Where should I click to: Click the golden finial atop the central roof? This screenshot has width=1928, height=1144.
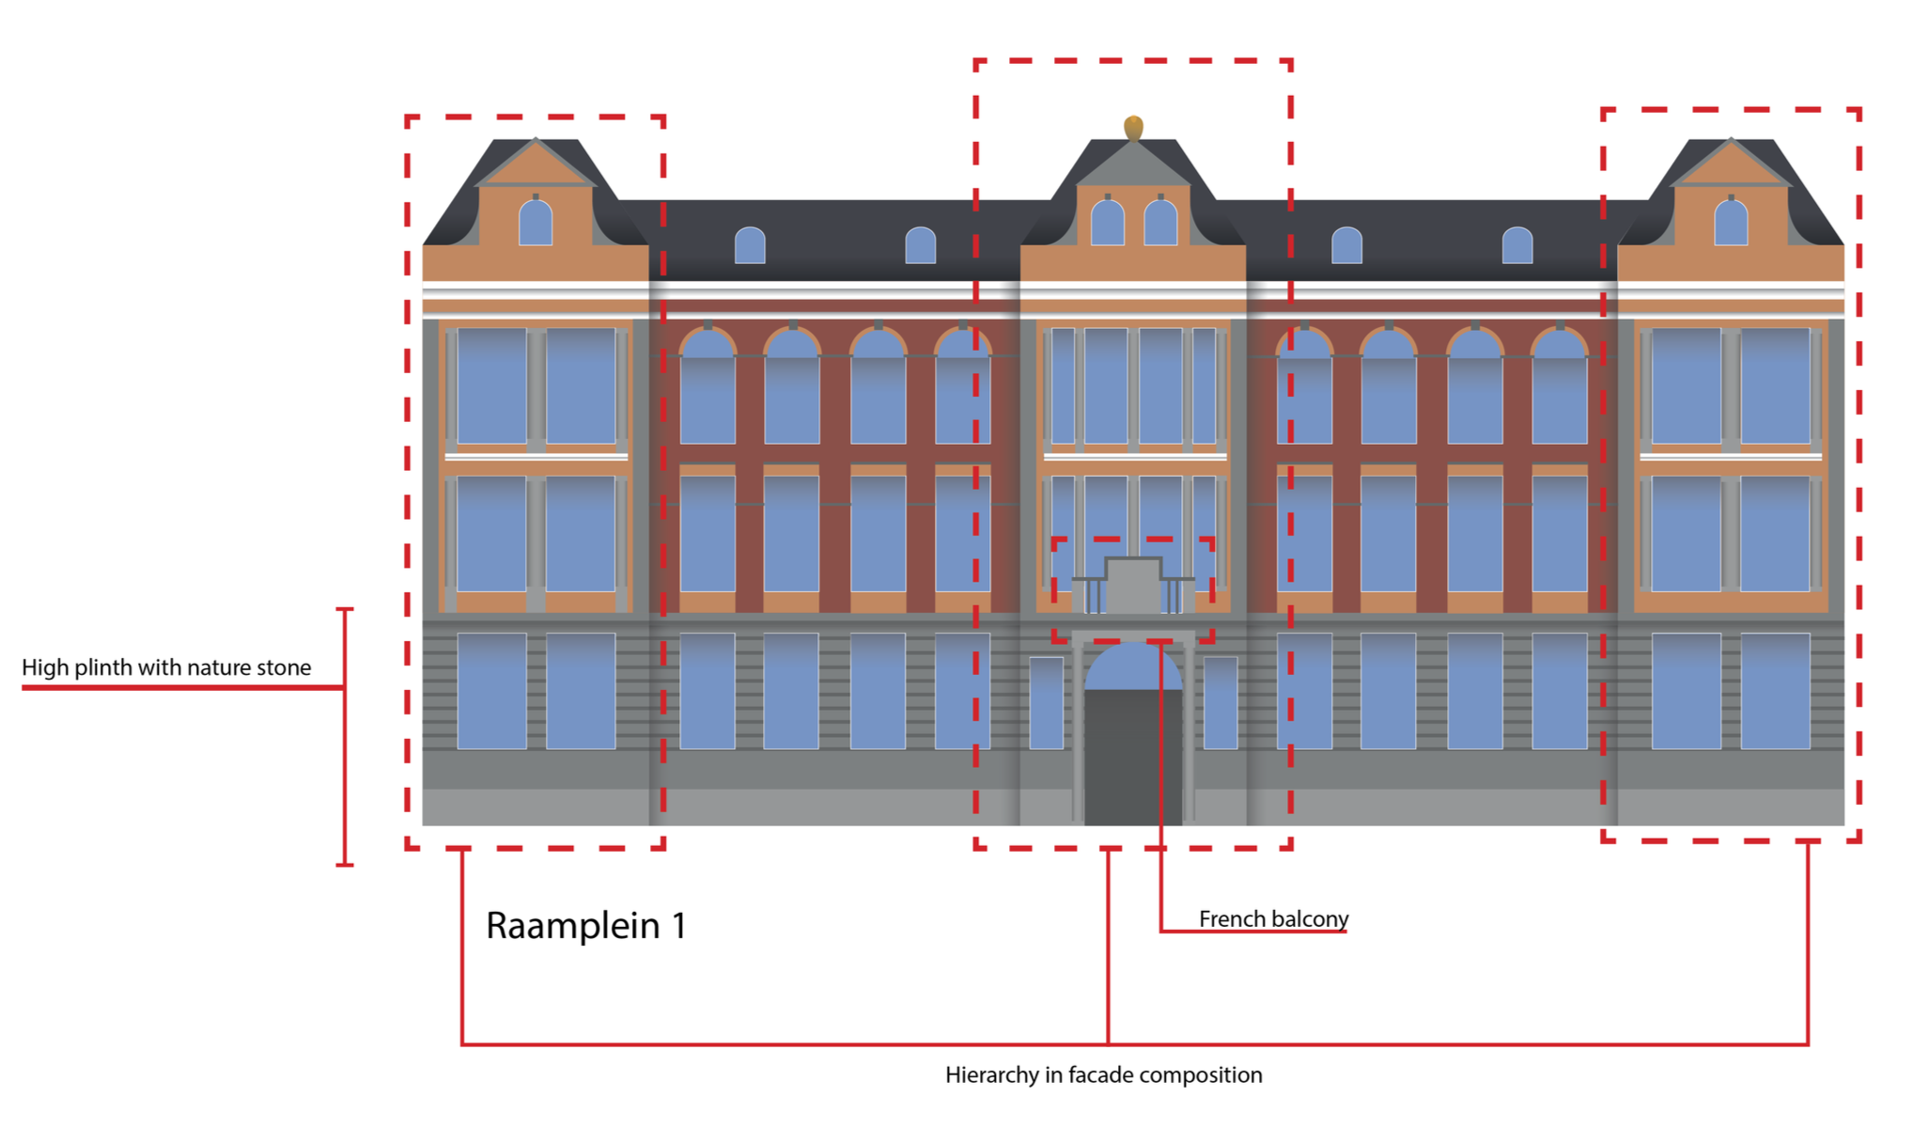(x=1133, y=127)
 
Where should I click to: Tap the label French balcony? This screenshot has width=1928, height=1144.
(x=1273, y=918)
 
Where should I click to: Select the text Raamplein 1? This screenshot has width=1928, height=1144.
(x=585, y=926)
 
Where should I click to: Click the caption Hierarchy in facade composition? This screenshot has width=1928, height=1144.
(x=1103, y=1074)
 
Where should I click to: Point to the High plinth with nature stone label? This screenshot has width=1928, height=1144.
(x=166, y=667)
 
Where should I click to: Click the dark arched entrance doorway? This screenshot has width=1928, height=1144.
(x=1133, y=752)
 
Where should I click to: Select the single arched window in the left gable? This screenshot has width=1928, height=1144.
(x=536, y=224)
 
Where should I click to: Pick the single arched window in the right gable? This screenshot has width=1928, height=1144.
(x=1731, y=224)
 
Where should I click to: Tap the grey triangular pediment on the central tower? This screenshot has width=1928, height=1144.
(x=1133, y=167)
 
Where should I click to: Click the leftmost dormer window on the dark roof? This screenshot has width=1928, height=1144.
(x=750, y=245)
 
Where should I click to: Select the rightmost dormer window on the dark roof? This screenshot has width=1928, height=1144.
(x=1517, y=245)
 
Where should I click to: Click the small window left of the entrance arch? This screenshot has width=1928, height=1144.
(x=1047, y=702)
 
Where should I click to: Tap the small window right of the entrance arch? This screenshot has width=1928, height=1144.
(x=1221, y=702)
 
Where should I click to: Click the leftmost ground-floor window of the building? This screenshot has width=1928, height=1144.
(x=491, y=691)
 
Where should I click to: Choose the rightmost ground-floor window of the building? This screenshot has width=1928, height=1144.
(x=1775, y=691)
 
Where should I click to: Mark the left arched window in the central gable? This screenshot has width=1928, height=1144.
(x=1108, y=224)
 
